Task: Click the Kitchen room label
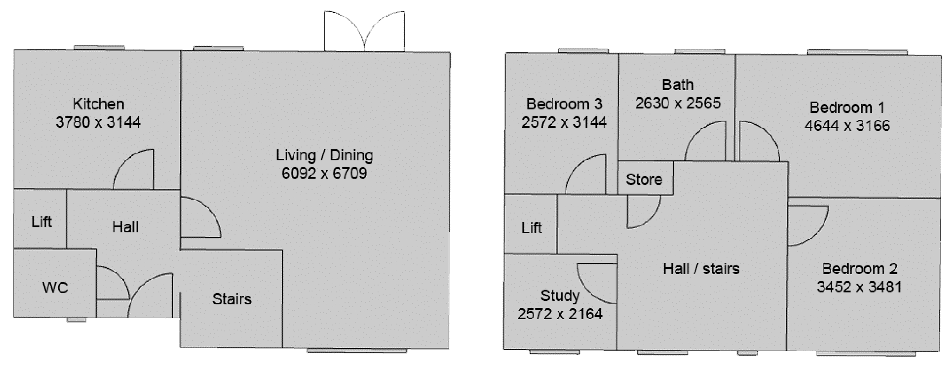98,104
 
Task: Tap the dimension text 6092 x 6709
324,173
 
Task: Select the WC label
55,288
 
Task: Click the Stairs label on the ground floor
232,299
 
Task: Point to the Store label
644,180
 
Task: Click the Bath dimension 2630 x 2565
678,103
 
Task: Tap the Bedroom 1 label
847,108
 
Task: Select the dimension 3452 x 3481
860,287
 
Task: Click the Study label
560,296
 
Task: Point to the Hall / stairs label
701,269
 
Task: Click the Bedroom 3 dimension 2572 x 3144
564,122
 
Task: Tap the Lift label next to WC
41,222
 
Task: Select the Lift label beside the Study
532,228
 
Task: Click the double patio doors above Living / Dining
364,31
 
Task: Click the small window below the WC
76,319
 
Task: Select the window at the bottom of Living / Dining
357,350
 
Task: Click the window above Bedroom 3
583,51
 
